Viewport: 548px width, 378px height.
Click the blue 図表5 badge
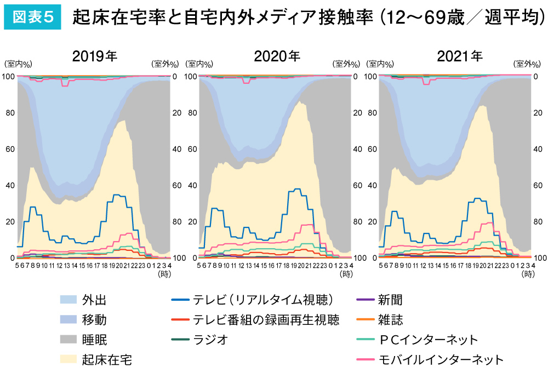32,18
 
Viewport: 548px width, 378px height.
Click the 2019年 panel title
95,56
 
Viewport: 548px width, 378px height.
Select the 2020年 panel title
277,56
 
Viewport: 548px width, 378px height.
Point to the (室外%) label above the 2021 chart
526,64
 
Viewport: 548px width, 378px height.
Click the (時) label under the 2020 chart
346,273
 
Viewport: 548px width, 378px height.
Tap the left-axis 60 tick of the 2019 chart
9,149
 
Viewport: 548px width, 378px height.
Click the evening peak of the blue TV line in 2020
297,190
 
